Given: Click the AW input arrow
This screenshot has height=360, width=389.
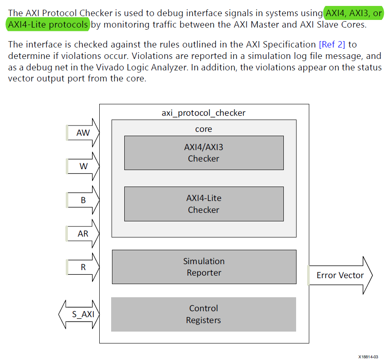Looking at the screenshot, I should point(83,133).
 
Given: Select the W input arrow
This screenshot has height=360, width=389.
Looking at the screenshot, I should point(83,166).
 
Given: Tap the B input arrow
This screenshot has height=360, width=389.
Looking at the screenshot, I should point(83,200).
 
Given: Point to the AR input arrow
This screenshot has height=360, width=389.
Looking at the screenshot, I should point(83,233).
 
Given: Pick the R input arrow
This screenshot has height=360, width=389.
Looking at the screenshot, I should point(83,267).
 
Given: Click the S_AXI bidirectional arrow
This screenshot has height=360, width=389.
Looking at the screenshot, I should point(79,315).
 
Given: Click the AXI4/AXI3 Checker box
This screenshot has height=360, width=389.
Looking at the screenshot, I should point(204,153).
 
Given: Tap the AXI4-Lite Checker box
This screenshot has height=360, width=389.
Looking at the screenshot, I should point(204,204).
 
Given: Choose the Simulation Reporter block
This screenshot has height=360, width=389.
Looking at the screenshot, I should point(204,267).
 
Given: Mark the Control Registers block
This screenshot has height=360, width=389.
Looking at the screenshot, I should point(204,314).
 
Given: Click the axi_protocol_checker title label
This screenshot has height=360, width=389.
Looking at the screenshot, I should point(204,113).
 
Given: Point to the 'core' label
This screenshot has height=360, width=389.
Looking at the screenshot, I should point(204,129).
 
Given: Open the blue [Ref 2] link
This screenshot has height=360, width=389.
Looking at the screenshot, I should point(332,45).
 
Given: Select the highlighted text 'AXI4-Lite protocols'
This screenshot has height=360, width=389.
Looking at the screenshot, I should point(48,25).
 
